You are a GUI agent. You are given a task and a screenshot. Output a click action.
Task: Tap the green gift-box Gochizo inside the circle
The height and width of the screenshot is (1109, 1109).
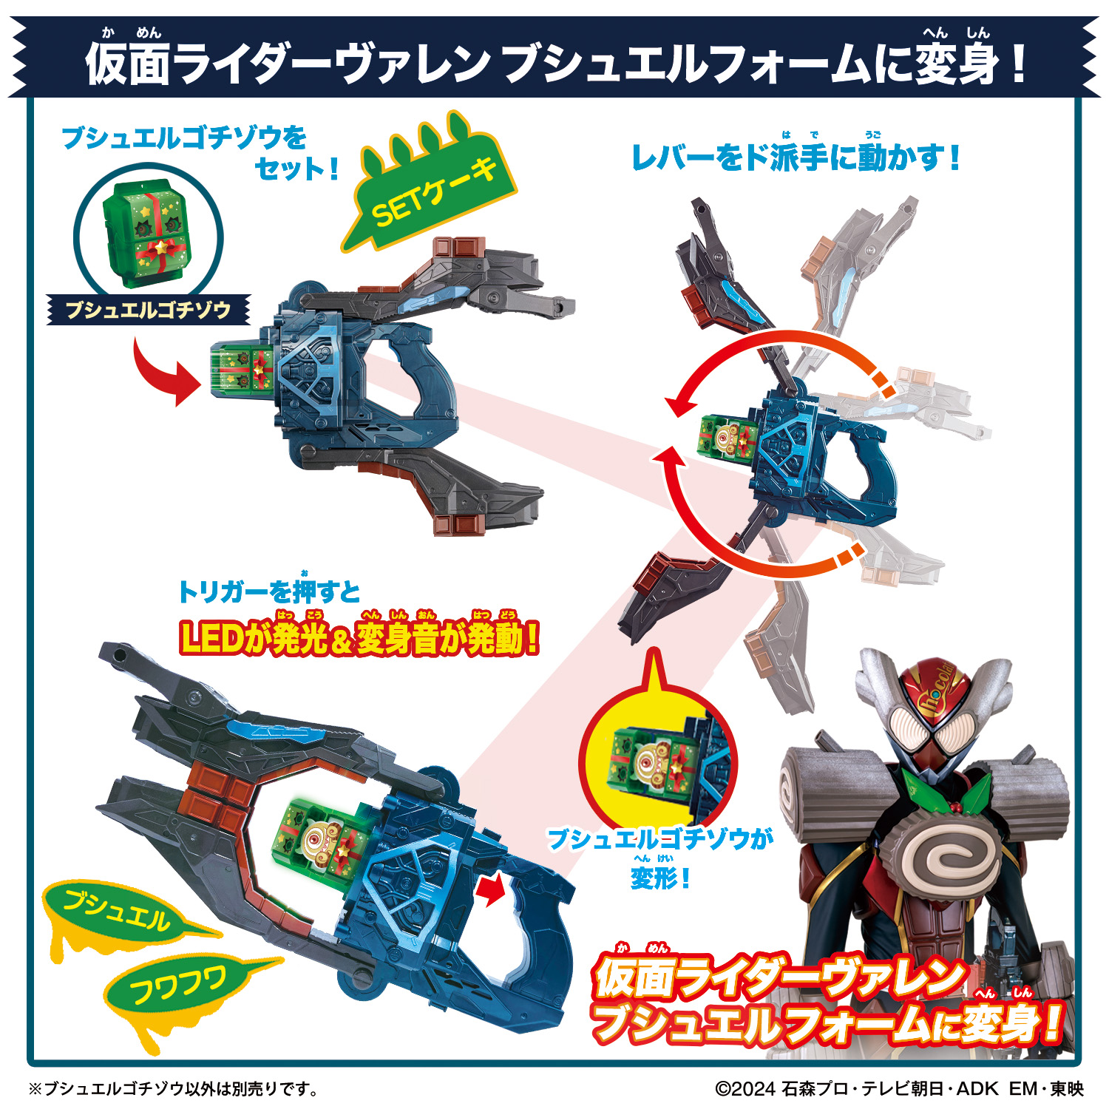pos(148,235)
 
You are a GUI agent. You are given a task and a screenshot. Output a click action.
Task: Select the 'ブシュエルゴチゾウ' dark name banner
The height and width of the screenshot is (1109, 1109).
pos(148,310)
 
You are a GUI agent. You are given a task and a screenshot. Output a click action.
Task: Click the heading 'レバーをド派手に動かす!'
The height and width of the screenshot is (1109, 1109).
pos(795,157)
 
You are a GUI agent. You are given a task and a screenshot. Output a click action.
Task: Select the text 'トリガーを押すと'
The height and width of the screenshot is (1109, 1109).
pos(269,591)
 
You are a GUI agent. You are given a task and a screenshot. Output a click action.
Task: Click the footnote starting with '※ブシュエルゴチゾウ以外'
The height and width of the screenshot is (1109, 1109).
pos(174,1088)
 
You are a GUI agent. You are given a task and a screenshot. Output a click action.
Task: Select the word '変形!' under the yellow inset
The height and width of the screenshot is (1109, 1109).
pos(659,878)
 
